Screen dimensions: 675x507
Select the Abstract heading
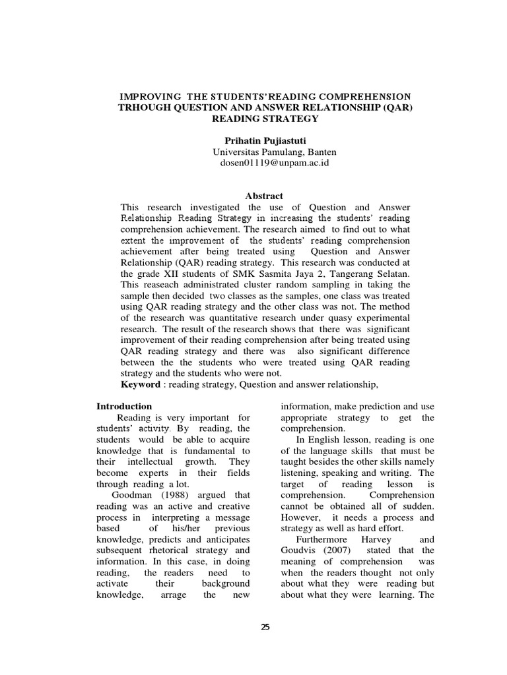(x=264, y=196)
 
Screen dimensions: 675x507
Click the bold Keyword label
(x=140, y=384)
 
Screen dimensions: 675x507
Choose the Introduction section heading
(x=124, y=406)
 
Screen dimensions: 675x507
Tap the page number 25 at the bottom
(x=265, y=627)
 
